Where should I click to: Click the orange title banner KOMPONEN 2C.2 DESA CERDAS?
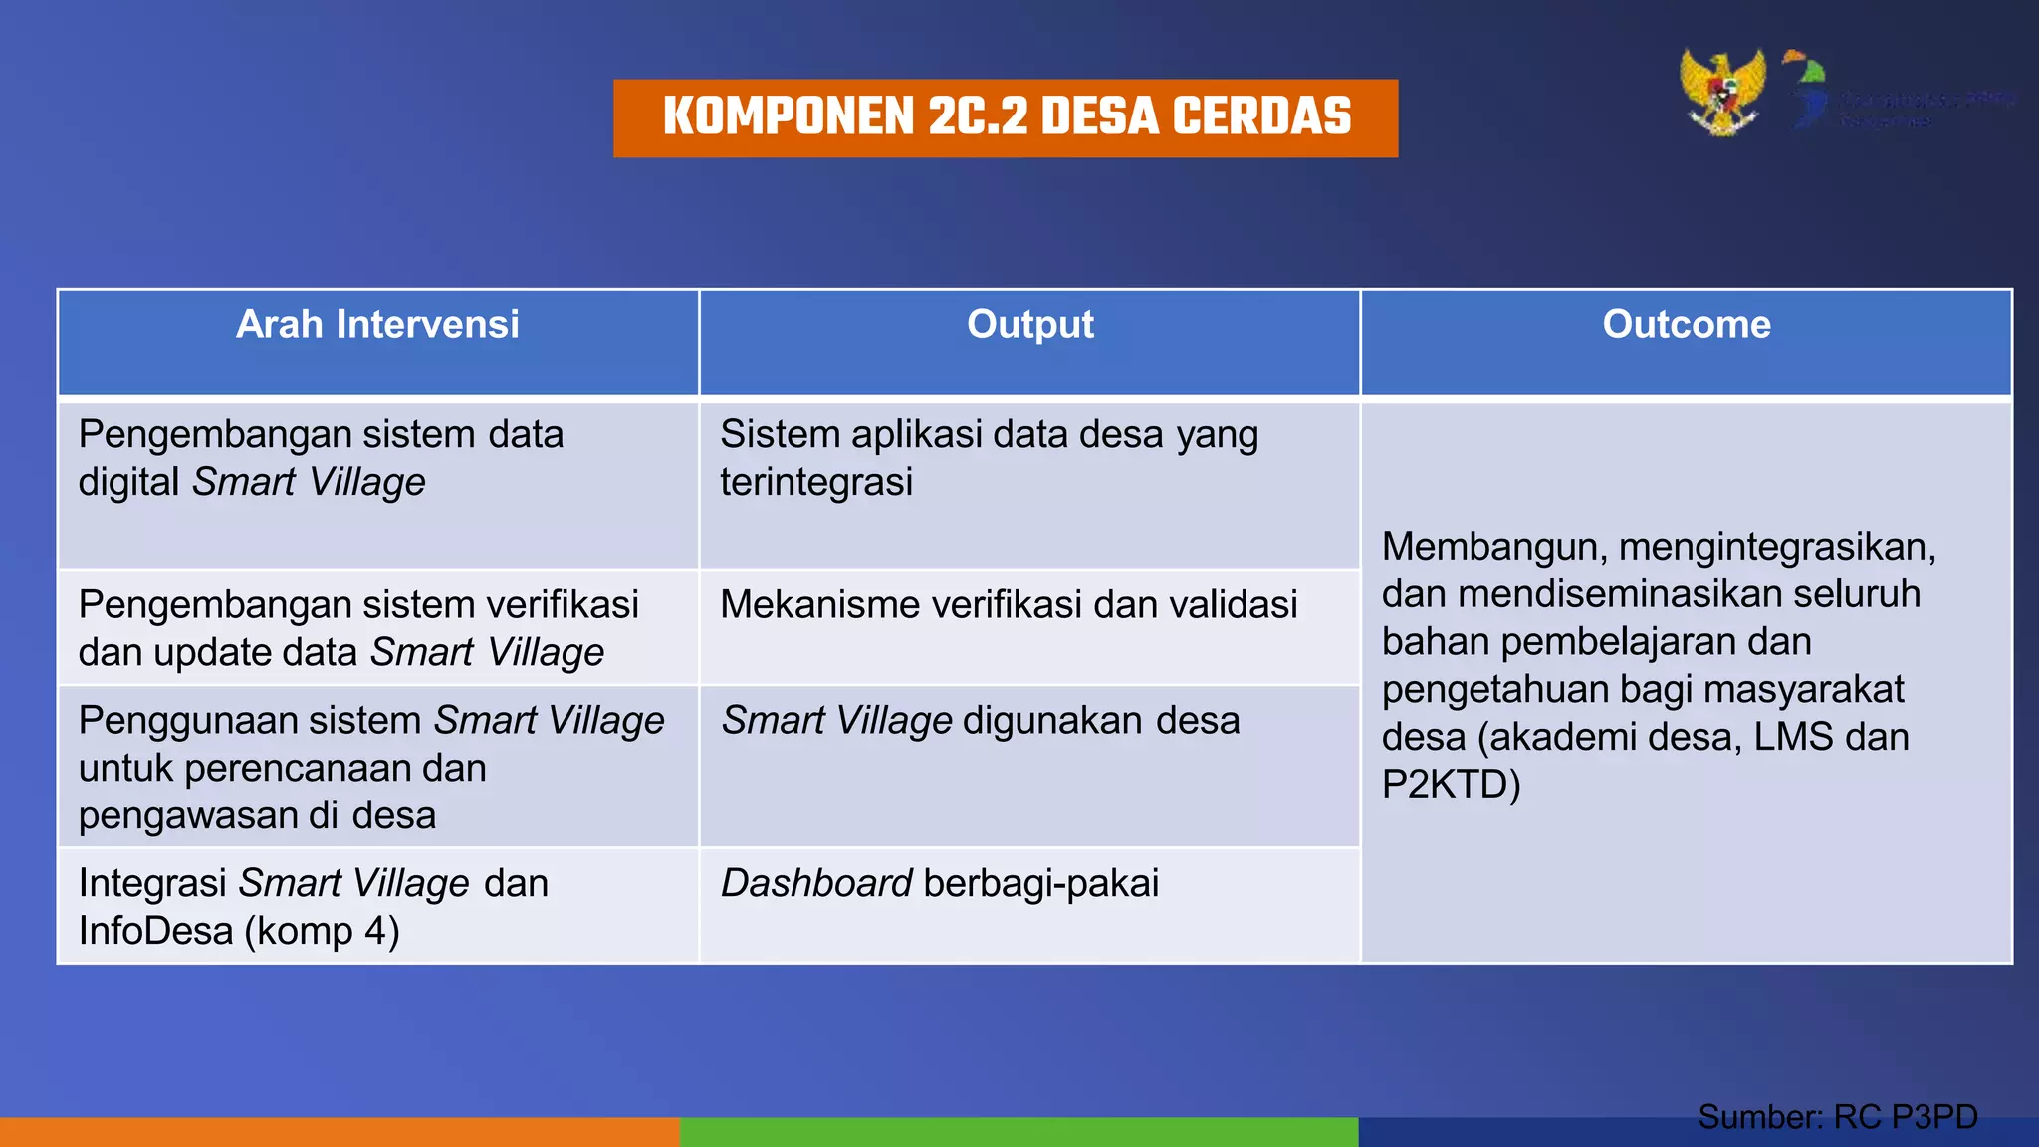[x=1006, y=117]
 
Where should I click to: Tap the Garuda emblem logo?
[x=1722, y=92]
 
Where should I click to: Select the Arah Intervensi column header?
[x=377, y=325]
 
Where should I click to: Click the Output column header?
[x=1029, y=325]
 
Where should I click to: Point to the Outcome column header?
[x=1686, y=325]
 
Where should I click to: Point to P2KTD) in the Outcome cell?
[x=1451, y=786]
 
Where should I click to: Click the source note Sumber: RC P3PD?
[x=1837, y=1117]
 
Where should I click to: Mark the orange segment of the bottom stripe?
[x=339, y=1132]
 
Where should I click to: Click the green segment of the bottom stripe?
[x=1019, y=1132]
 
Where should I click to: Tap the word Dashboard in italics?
[x=816, y=884]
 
